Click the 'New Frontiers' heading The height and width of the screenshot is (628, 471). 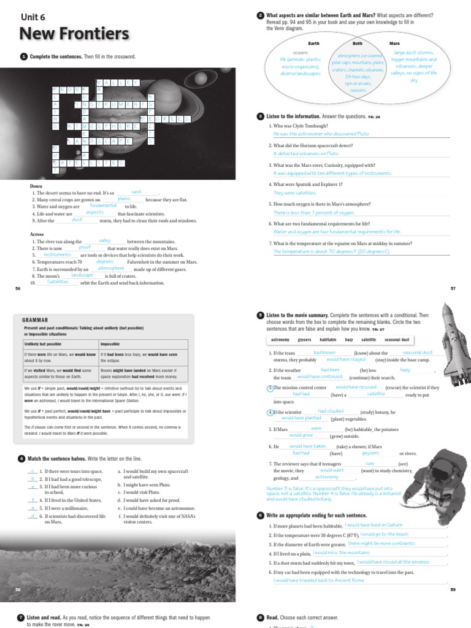tap(74, 33)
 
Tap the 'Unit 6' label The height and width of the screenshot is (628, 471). tap(34, 17)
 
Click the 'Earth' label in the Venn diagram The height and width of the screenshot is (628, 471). tap(313, 44)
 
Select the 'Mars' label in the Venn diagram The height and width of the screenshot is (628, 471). tap(394, 44)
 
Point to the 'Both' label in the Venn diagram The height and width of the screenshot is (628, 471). tap(357, 44)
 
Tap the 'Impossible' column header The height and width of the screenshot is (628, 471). tap(110, 344)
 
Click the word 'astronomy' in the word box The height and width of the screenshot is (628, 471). tap(280, 339)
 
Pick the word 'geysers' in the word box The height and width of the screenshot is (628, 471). tap(305, 339)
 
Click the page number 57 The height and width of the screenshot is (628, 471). tap(453, 288)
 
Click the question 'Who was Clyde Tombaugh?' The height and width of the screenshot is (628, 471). tap(302, 126)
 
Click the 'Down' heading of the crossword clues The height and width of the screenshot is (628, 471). tap(36, 186)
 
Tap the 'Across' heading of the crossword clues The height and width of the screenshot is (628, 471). tap(37, 234)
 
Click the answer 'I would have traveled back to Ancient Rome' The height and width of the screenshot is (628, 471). tap(310, 580)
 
